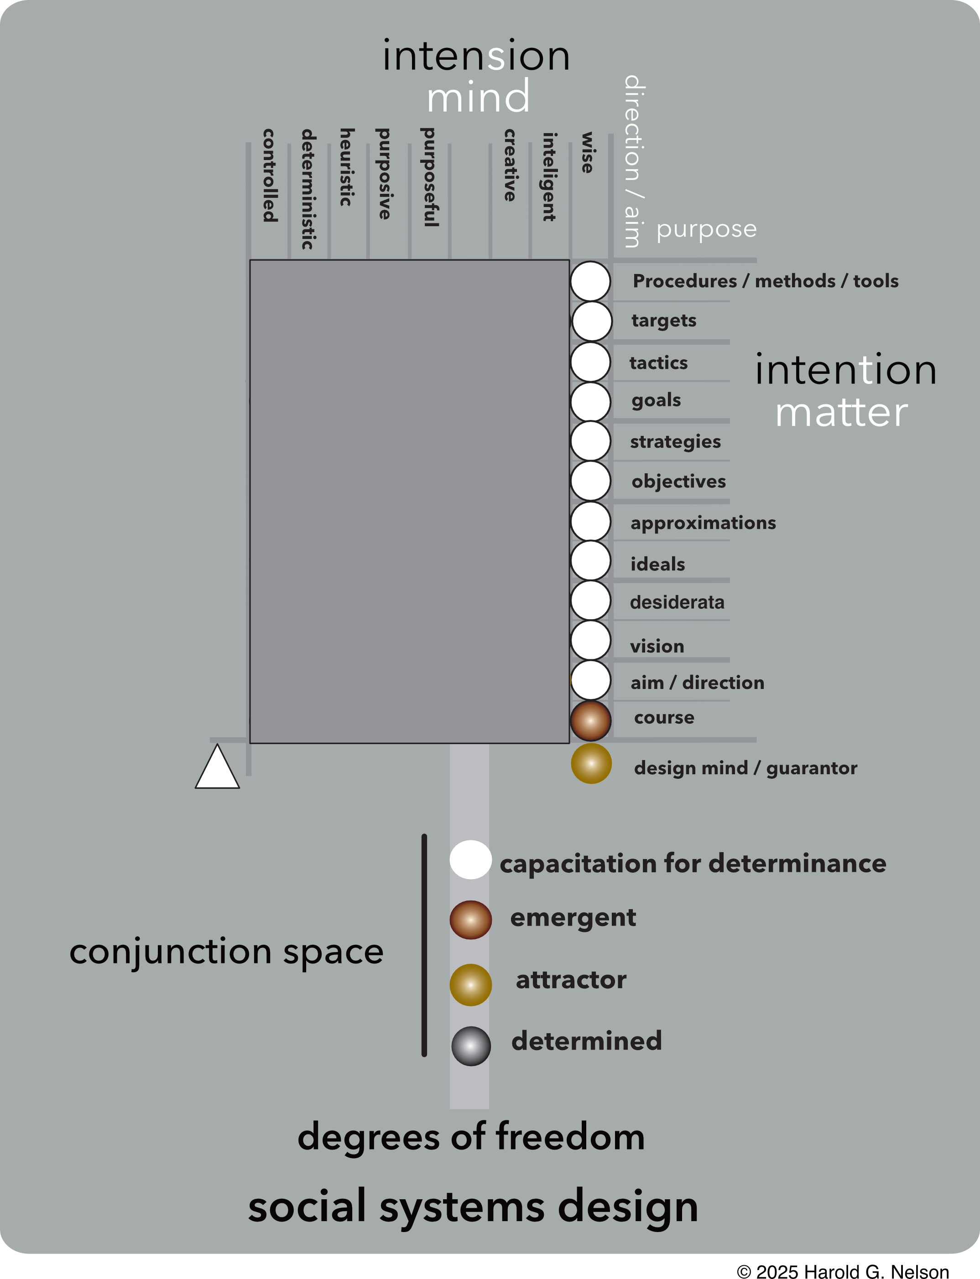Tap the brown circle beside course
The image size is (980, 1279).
pos(590,720)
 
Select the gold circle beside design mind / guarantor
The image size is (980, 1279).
pos(591,763)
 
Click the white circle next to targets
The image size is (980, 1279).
pos(591,321)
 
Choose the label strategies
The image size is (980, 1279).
pos(675,441)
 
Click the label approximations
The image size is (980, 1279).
pos(703,523)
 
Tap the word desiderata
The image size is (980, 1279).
pos(677,602)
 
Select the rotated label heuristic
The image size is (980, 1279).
pos(346,167)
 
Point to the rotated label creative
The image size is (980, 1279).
pos(510,165)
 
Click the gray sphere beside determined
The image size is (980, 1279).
pos(471,1046)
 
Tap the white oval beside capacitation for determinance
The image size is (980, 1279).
pos(470,859)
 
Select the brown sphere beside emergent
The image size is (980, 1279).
pos(471,920)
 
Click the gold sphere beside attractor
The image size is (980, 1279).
pos(471,984)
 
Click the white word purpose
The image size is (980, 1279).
pos(706,229)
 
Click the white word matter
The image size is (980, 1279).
pos(841,413)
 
